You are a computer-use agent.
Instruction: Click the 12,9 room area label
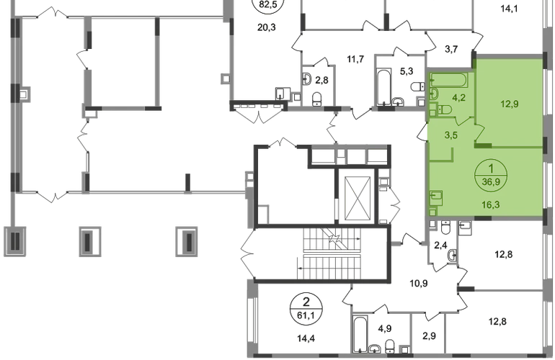[510, 102]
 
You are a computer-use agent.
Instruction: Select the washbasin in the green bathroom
[433, 94]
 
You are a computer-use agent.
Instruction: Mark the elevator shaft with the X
[358, 196]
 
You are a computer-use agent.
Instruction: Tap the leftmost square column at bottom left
[14, 240]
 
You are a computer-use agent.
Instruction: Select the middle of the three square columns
[89, 240]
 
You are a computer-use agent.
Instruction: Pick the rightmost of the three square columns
[189, 240]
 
